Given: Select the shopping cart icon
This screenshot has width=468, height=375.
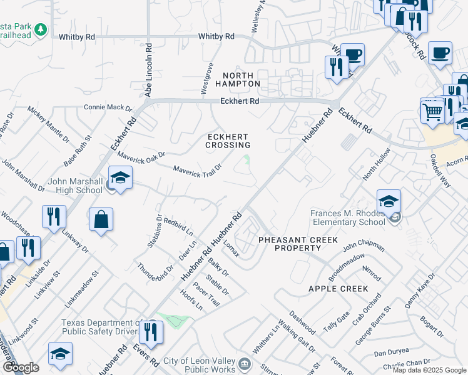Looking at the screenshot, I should point(432,112).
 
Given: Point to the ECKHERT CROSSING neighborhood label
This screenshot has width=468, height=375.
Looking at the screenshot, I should point(228,141).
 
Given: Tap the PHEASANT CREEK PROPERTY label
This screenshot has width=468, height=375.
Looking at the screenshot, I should point(298,244).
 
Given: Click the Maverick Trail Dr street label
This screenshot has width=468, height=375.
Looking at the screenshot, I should point(198,171).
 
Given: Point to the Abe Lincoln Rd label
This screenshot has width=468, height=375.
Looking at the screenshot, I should point(149,69).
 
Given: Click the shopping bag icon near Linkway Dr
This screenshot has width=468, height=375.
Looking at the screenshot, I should point(101,220).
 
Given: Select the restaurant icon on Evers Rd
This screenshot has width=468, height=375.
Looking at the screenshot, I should point(151,332).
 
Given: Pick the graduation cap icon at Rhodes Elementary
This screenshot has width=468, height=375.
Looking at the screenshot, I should point(389,201).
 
